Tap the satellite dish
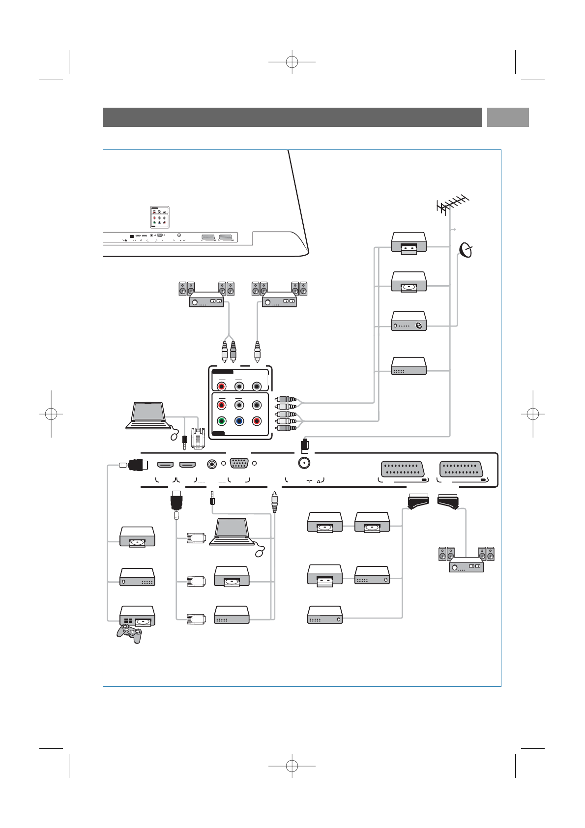467,250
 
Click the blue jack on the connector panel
239,421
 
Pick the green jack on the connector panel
221,421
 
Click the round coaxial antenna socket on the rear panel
304,463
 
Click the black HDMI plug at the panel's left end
138,465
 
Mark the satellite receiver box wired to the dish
409,321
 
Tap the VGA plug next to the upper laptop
198,438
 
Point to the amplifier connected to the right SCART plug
466,565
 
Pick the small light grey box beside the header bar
508,117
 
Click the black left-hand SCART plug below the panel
418,503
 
